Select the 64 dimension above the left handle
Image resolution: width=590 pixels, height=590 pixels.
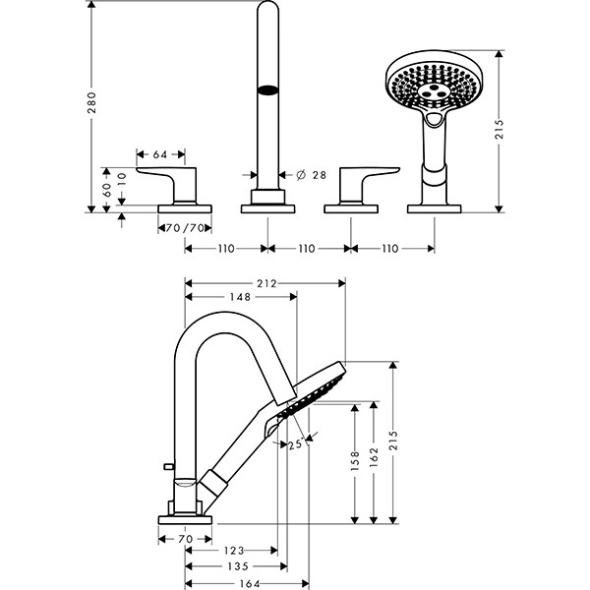[162, 154]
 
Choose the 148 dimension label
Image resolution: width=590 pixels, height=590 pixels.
[239, 297]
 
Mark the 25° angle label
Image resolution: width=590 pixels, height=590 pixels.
[296, 444]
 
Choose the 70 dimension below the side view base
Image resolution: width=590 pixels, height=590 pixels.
[184, 539]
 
